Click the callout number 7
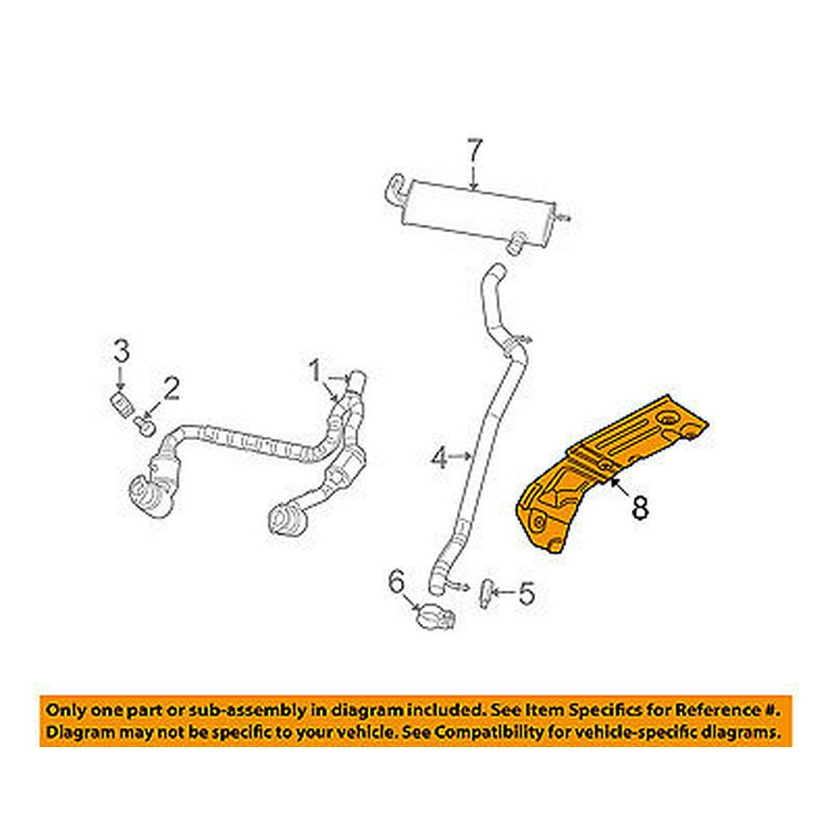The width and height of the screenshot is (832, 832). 473,153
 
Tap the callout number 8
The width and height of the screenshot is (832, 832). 639,508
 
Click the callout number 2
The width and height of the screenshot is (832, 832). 171,388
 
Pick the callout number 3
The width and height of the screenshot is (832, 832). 121,353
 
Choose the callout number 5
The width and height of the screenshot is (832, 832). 525,593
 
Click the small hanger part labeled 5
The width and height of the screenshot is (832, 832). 484,594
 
